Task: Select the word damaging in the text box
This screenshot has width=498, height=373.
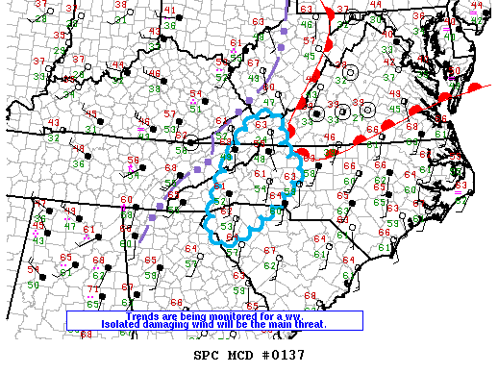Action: (141, 325)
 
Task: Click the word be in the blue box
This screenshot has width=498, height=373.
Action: (224, 325)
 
